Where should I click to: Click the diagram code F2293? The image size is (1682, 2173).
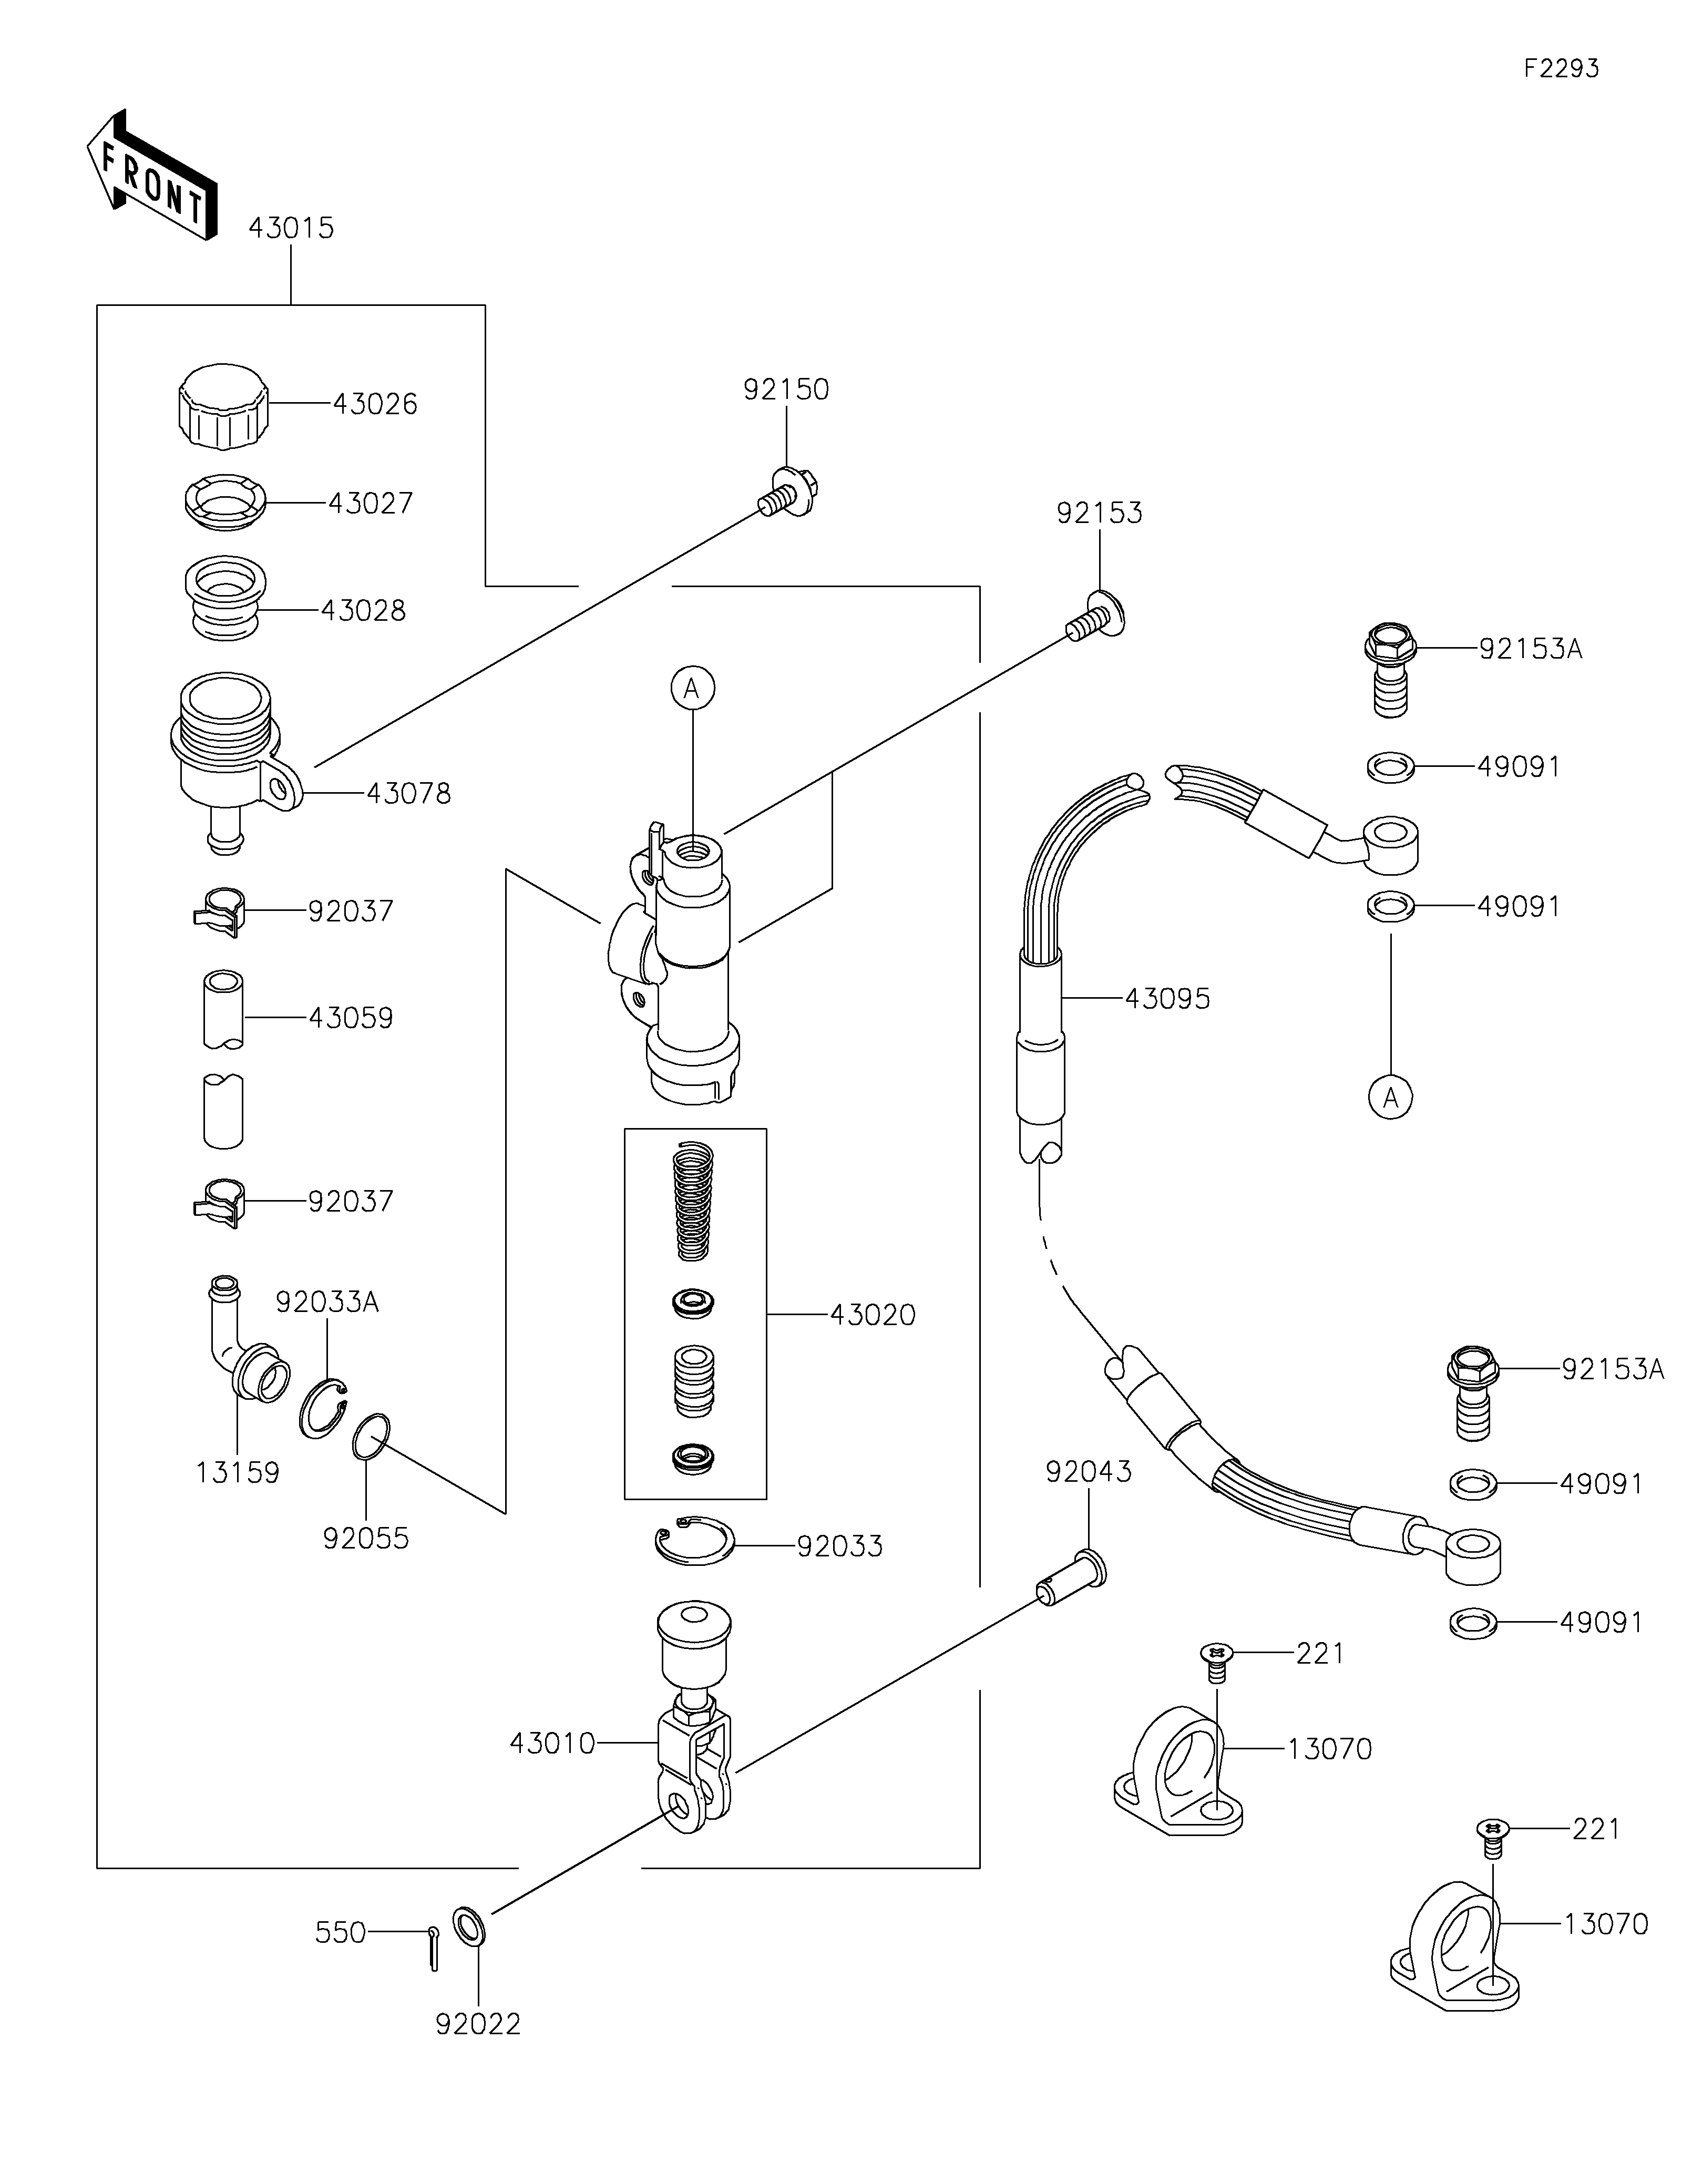point(1561,69)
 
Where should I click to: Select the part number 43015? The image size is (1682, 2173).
point(291,228)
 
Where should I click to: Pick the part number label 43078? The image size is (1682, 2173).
point(409,794)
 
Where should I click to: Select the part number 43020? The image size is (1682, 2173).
point(873,1315)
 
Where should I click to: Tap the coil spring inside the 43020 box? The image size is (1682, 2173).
point(694,1200)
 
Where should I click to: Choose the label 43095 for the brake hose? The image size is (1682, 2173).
point(1167,998)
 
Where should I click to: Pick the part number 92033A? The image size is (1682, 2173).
point(327,1303)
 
